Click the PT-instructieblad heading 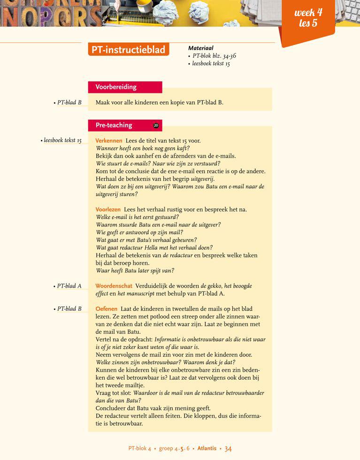128,50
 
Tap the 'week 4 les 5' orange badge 308,18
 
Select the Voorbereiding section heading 116,87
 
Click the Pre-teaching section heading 114,125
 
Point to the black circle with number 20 156,126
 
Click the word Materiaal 200,48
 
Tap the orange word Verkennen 108,141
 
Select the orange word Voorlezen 108,209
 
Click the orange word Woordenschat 114,286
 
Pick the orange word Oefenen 106,309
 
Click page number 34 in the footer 228,449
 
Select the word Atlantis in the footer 207,449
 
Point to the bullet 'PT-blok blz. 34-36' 214,56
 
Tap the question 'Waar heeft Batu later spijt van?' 135,270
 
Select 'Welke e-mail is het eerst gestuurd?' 137,217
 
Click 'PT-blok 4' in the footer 139,449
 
